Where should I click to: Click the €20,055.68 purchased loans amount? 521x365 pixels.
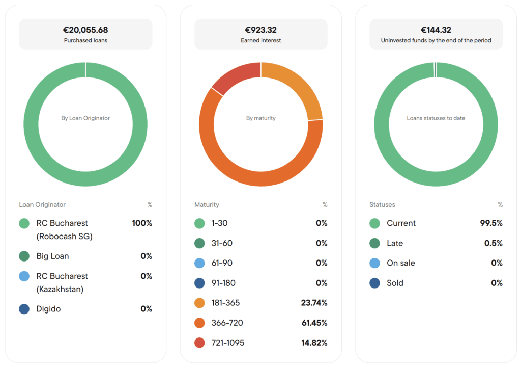click(85, 30)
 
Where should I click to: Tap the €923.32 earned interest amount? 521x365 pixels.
click(261, 30)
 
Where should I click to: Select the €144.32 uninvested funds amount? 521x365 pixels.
click(436, 30)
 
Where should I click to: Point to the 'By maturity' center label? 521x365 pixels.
click(261, 118)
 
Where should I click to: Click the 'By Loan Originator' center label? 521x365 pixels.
click(85, 118)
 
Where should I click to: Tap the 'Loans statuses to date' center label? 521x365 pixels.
click(436, 118)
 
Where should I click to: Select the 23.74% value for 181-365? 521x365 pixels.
click(314, 303)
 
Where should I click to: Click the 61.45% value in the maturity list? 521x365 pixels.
click(314, 323)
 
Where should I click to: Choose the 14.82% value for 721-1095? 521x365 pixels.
click(314, 343)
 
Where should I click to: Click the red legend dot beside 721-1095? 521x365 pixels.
click(199, 343)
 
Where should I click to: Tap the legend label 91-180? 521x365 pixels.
click(223, 283)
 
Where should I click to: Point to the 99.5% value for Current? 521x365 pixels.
click(491, 223)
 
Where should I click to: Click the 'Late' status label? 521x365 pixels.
click(395, 244)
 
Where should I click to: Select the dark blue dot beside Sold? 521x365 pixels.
click(375, 283)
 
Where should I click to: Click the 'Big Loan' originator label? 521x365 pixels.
click(52, 256)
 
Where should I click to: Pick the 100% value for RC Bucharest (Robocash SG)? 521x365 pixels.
click(142, 223)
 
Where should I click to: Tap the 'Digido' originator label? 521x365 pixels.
click(48, 309)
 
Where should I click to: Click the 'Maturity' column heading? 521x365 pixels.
click(207, 205)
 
